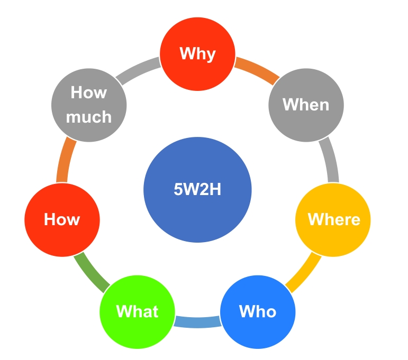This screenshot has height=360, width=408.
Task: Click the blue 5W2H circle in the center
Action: [197, 189]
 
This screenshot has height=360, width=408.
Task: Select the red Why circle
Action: [197, 54]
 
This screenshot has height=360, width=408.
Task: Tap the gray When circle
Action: [306, 104]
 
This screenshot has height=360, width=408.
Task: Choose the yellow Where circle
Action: [333, 219]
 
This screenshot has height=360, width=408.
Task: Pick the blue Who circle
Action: [258, 311]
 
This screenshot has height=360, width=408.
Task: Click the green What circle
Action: [138, 311]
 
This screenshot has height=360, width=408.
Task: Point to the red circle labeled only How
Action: [62, 219]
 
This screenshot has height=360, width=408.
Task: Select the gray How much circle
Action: [89, 104]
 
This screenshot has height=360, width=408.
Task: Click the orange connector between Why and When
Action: [257, 71]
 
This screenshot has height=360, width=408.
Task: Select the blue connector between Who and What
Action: [197, 321]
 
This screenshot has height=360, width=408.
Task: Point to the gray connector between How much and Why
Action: [139, 71]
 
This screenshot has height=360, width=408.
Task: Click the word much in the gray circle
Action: [89, 116]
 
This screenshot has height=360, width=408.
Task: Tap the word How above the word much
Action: [89, 93]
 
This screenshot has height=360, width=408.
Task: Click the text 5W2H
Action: [197, 189]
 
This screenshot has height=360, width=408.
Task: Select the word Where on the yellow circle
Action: [333, 219]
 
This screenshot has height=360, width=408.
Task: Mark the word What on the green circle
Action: [138, 311]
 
